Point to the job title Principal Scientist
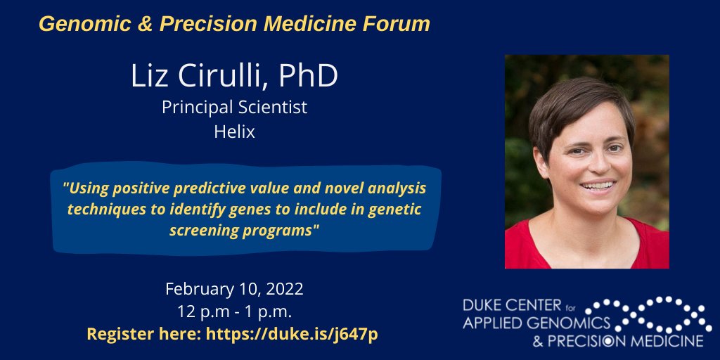(234, 108)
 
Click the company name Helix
(234, 131)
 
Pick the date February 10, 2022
(234, 289)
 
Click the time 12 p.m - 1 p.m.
(234, 311)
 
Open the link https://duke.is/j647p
(292, 334)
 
